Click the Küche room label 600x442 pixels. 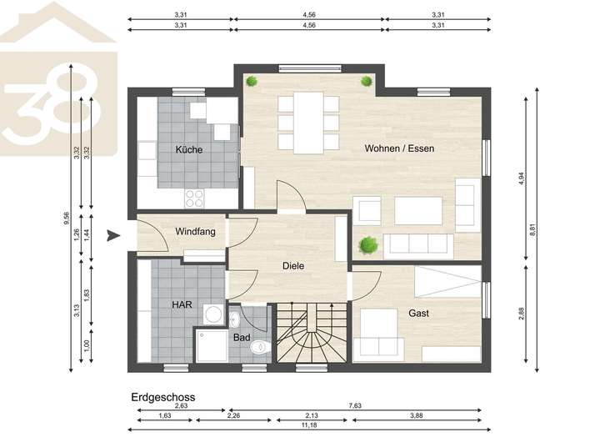[x=189, y=149]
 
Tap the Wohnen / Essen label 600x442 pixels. [x=399, y=148]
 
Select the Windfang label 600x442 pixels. [x=195, y=231]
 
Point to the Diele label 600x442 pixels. [x=293, y=265]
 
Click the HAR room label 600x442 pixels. [x=182, y=304]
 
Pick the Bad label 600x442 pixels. [x=242, y=338]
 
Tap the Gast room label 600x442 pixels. [x=418, y=313]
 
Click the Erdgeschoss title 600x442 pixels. [x=163, y=397]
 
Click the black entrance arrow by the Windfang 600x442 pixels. [x=113, y=236]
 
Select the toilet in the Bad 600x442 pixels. [x=260, y=348]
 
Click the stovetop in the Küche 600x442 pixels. [x=194, y=198]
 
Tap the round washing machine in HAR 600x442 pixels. [x=213, y=315]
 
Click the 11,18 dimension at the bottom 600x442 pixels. [x=309, y=424]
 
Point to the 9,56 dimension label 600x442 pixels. [x=67, y=218]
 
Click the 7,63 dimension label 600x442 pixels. [x=355, y=405]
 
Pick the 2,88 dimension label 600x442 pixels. [x=521, y=314]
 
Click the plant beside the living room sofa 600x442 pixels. [x=368, y=245]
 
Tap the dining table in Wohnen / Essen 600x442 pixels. [x=308, y=123]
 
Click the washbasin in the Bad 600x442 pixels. [x=234, y=319]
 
